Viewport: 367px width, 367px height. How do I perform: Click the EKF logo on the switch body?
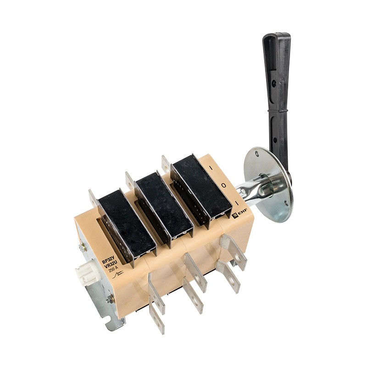pos(236,214)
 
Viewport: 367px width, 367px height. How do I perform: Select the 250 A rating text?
pos(113,270)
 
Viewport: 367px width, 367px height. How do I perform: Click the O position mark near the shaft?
pos(224,185)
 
